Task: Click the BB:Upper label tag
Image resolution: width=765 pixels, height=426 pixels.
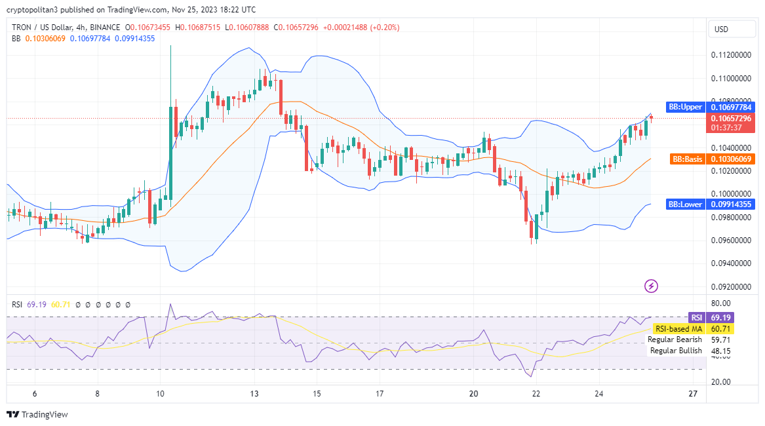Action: pos(685,107)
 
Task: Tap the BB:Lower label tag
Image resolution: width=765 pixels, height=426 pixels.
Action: pos(685,204)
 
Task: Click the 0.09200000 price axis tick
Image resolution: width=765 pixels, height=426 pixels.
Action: pos(730,287)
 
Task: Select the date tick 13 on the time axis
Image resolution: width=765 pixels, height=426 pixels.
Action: pos(254,394)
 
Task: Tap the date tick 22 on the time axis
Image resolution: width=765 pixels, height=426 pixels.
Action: pos(536,394)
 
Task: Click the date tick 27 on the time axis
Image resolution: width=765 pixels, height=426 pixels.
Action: pos(693,394)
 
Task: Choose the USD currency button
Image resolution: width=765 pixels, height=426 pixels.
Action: pos(721,29)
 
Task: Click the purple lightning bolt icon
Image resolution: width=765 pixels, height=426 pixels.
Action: pos(652,286)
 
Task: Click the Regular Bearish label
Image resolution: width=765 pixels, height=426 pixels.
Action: pos(675,339)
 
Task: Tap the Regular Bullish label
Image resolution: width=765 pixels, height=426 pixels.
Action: pos(676,351)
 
